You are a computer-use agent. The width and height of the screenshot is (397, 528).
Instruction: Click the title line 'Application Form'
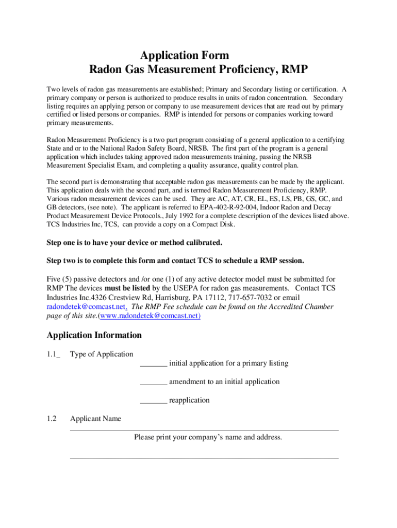coord(185,55)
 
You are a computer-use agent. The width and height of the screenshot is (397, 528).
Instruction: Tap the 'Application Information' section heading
coord(94,335)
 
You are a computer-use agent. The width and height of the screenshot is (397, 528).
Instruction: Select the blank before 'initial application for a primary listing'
coord(153,364)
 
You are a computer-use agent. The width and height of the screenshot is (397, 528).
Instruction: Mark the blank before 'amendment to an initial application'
coord(153,382)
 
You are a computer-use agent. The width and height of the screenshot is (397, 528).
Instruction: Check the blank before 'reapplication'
coord(153,401)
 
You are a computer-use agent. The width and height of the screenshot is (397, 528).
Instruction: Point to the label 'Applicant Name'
coord(95,419)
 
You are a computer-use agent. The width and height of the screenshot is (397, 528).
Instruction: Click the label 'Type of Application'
coord(102,354)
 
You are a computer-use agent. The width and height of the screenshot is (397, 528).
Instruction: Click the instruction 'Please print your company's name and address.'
coord(208,437)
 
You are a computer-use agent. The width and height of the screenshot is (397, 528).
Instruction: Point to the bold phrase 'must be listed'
coord(129,288)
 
